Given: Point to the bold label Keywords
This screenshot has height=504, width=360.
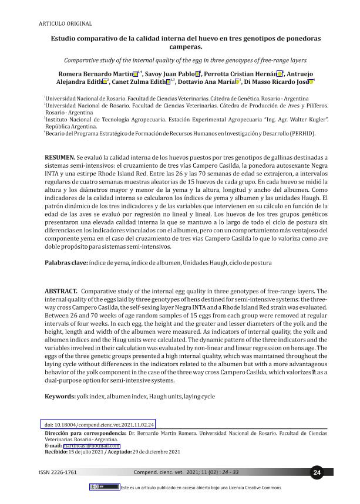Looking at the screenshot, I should pos(60,397).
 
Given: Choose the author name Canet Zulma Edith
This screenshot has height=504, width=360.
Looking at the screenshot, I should pos(143,83).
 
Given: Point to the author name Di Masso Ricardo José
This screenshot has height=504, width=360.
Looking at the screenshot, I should pos(276,83).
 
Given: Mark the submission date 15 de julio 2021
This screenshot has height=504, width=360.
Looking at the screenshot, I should pos(89,452).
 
